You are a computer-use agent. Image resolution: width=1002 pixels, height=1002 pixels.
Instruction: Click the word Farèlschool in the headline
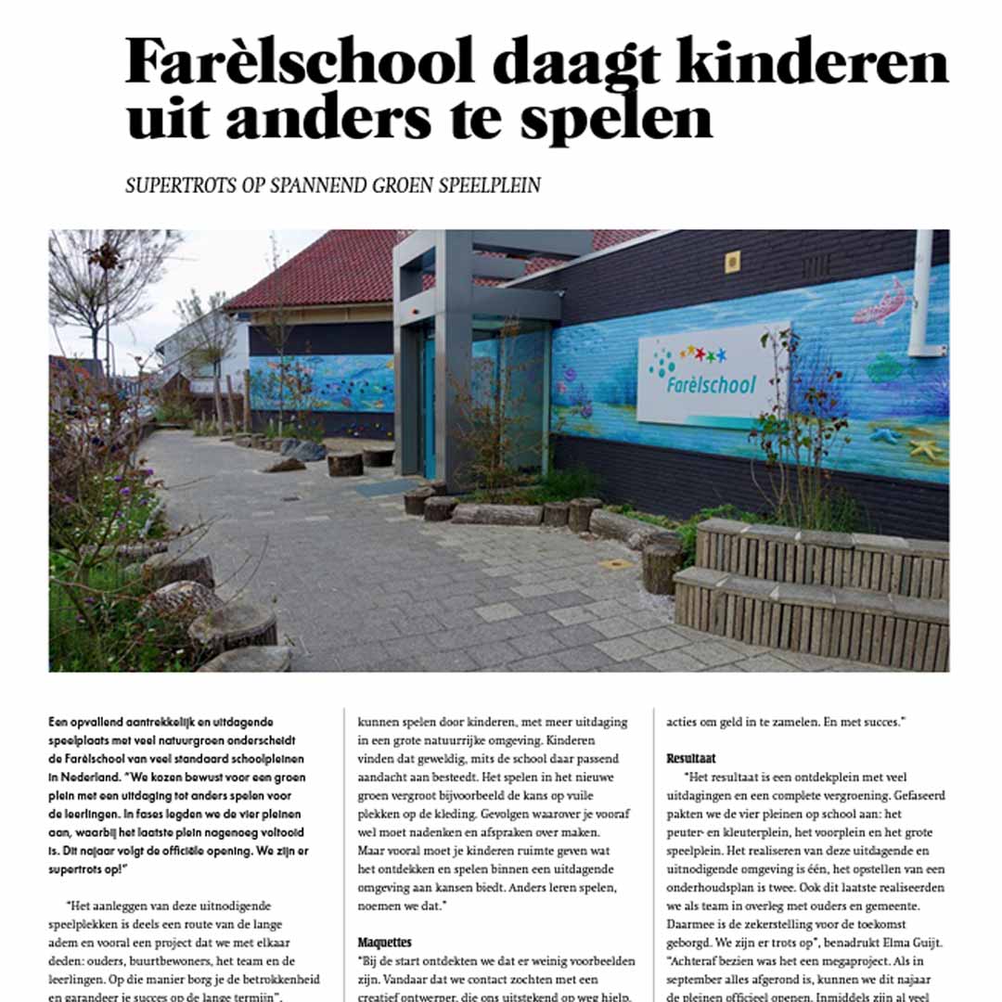pyautogui.click(x=300, y=62)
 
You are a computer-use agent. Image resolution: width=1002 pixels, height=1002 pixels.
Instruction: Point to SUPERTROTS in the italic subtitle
pyautogui.click(x=177, y=185)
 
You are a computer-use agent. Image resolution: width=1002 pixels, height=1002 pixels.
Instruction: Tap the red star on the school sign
pyautogui.click(x=710, y=351)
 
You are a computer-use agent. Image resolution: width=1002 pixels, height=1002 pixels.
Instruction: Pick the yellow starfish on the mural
pyautogui.click(x=925, y=449)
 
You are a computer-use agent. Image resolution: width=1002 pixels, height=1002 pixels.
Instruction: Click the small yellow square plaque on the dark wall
pyautogui.click(x=733, y=262)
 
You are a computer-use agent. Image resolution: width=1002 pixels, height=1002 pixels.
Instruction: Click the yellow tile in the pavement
pyautogui.click(x=616, y=564)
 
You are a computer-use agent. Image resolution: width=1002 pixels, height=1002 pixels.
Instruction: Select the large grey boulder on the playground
pyautogui.click(x=302, y=449)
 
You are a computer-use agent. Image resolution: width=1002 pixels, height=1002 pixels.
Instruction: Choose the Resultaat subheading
pyautogui.click(x=691, y=758)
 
